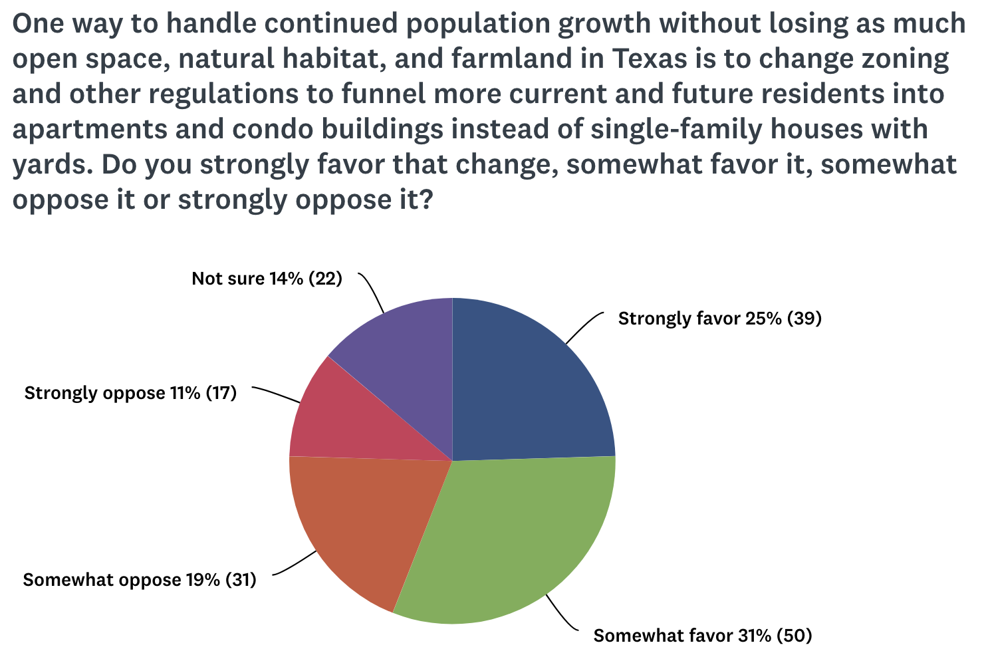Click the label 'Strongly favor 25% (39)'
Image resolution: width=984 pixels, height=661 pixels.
719,319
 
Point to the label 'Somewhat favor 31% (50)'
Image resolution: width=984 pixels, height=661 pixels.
702,636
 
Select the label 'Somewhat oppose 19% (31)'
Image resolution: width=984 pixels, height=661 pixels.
139,580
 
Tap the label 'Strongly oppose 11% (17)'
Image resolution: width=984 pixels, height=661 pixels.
130,393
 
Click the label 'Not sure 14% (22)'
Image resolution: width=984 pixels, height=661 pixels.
267,279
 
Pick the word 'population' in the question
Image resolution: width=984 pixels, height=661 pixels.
478,25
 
